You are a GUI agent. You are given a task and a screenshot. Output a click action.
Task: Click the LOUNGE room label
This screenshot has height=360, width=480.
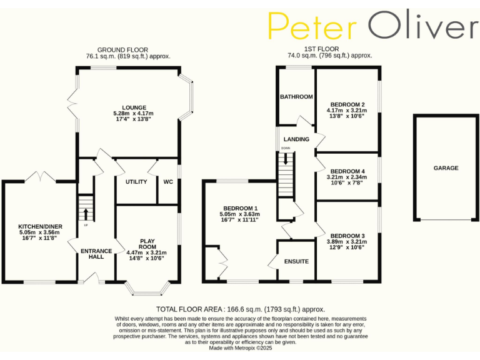coord(134,107)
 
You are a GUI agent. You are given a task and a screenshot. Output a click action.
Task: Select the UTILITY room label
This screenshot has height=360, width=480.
coord(136,182)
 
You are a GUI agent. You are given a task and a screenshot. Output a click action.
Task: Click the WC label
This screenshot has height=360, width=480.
coord(167,182)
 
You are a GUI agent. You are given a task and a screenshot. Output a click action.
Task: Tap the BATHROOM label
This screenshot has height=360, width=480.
coord(296,97)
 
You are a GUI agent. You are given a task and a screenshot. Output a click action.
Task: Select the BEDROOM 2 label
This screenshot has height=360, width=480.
coord(347,104)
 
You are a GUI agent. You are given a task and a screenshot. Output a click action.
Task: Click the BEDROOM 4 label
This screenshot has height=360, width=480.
coord(347,171)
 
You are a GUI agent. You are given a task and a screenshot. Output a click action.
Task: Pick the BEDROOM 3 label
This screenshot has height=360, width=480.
coord(347,236)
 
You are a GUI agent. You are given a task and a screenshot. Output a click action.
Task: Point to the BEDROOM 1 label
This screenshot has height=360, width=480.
coord(239,208)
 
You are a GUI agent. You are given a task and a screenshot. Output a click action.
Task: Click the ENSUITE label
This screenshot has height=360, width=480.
coord(296,261)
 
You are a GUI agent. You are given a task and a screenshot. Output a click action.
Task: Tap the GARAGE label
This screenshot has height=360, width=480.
coord(446,168)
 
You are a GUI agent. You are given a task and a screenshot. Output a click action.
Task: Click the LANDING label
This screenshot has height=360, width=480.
coord(296,139)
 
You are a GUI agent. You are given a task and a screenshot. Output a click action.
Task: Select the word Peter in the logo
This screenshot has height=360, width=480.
coord(312,26)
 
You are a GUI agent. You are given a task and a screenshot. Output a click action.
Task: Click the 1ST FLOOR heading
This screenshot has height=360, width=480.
coord(321,49)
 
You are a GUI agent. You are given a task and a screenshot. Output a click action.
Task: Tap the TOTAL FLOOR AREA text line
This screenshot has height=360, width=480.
coord(240,309)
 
